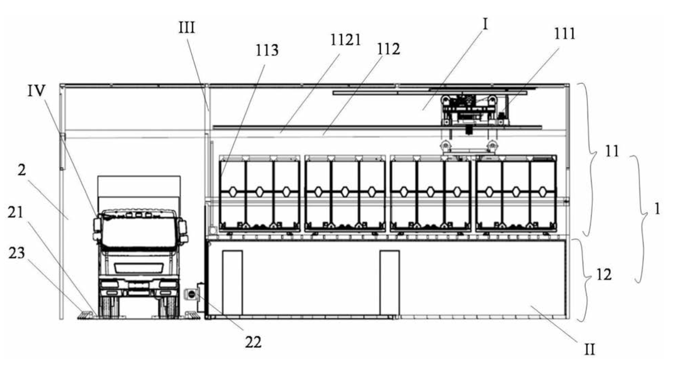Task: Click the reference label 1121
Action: pyautogui.click(x=345, y=40)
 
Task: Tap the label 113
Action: pyautogui.click(x=267, y=50)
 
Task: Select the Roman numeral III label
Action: pyautogui.click(x=186, y=27)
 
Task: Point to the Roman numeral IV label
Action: pyautogui.click(x=36, y=91)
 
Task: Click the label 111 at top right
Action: pyautogui.click(x=565, y=34)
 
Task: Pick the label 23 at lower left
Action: pyautogui.click(x=17, y=253)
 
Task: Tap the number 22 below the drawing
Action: pyautogui.click(x=253, y=342)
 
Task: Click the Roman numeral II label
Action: pyautogui.click(x=589, y=350)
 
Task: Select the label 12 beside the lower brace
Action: pyautogui.click(x=604, y=275)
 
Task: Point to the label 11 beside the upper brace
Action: pyautogui.click(x=612, y=152)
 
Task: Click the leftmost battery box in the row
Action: pyautogui.click(x=259, y=194)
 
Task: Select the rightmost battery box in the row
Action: pyautogui.click(x=516, y=194)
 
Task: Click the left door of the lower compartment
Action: pyautogui.click(x=232, y=282)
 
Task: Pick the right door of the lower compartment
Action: pyautogui.click(x=390, y=282)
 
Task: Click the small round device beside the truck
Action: pyautogui.click(x=191, y=294)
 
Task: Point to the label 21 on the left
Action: pyautogui.click(x=15, y=212)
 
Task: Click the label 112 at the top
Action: pyautogui.click(x=388, y=49)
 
